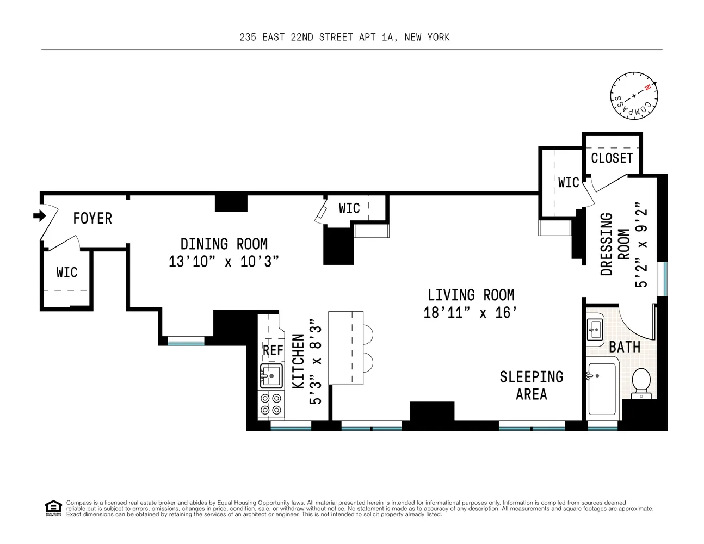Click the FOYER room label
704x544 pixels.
coord(92,218)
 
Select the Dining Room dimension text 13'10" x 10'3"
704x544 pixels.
coord(224,262)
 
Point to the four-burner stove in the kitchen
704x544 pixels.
coord(271,404)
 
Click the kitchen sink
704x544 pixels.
coord(271,375)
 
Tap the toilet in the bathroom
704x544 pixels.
coord(642,382)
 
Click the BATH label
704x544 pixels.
coord(624,347)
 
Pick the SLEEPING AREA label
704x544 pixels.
coord(531,385)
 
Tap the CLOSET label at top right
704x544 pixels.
coord(612,158)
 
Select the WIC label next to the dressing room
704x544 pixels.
coord(568,182)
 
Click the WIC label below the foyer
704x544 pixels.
coord(66,272)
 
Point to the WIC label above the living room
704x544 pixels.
coord(349,208)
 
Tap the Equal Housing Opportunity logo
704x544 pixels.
coord(53,508)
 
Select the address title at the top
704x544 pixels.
coord(344,37)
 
